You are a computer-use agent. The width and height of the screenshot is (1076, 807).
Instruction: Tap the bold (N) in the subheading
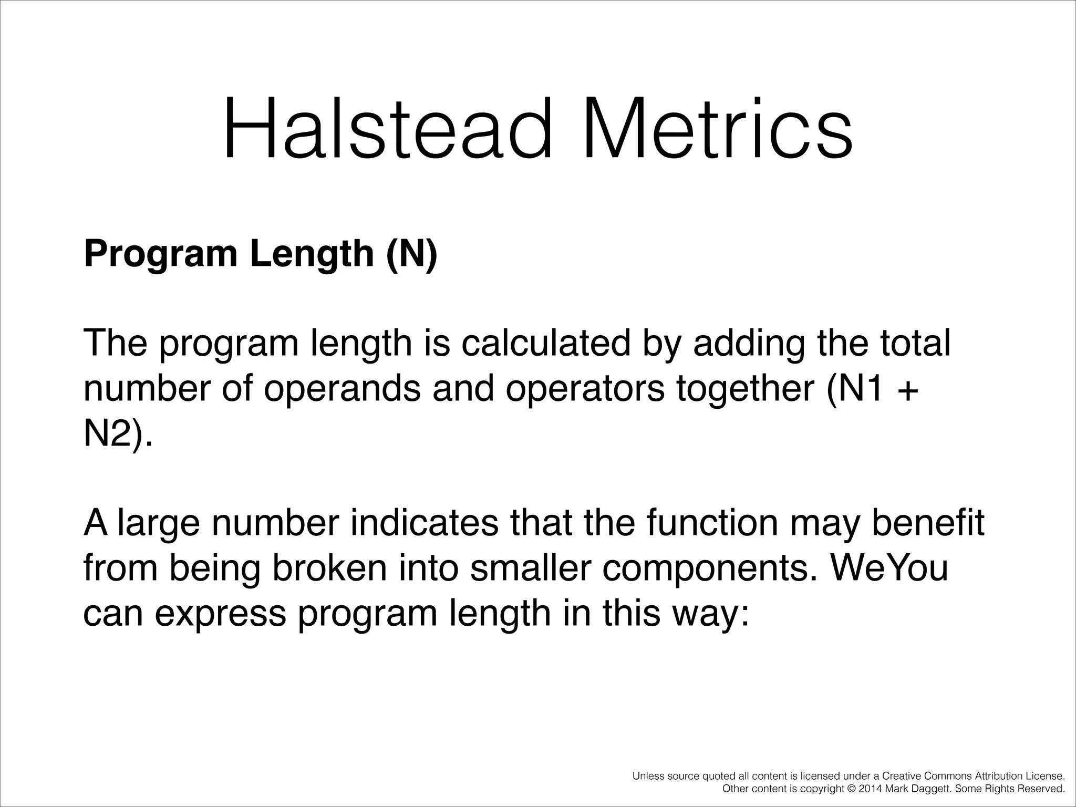coord(411,254)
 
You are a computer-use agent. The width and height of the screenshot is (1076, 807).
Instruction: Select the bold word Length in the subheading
coord(312,254)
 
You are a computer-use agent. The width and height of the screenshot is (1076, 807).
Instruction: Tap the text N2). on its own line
coord(118,434)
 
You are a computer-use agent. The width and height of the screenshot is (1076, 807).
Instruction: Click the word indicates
coord(423,523)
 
